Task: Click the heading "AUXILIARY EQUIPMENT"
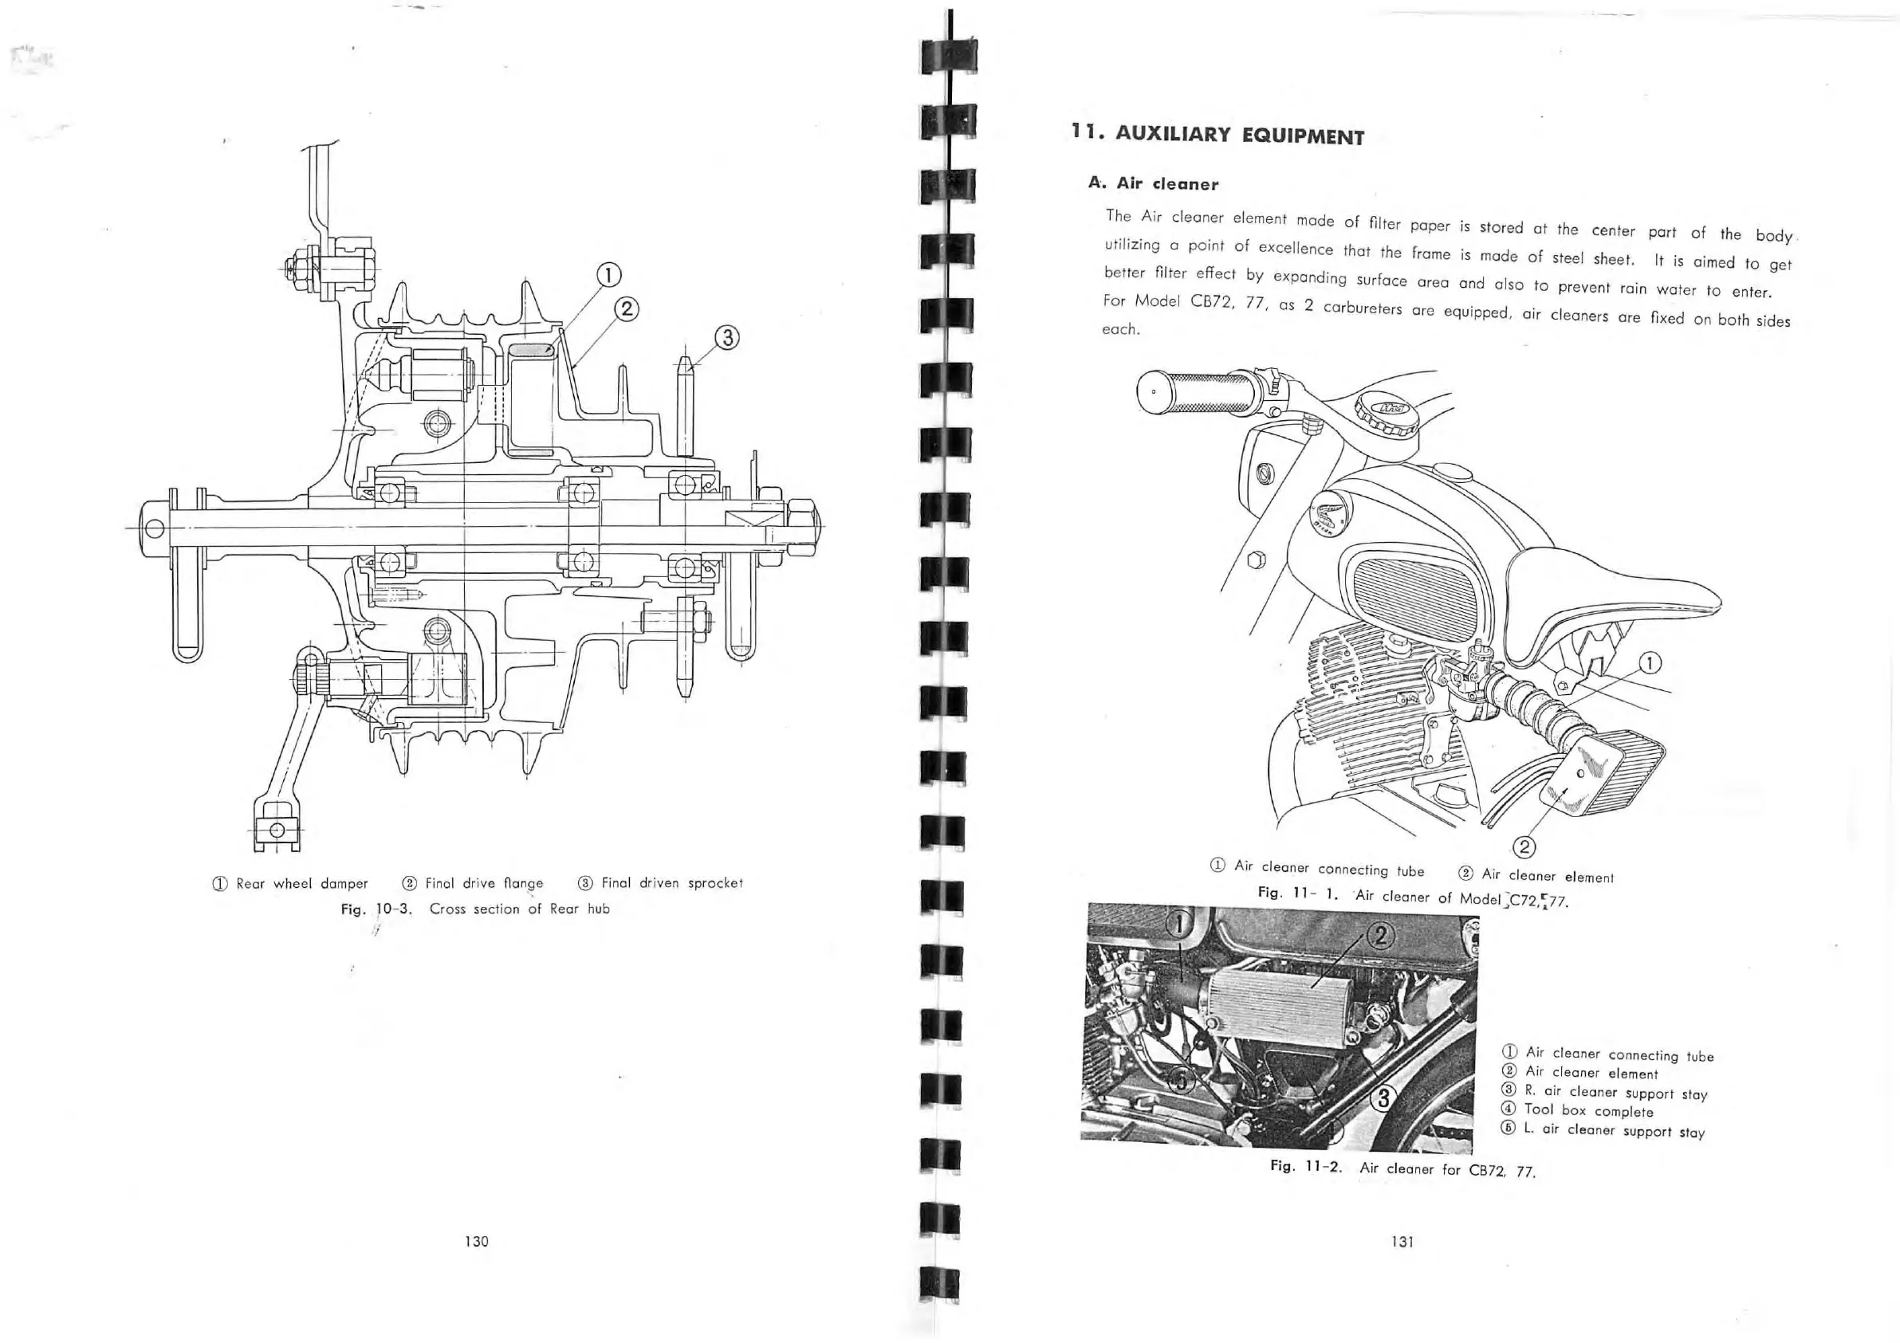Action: click(1239, 135)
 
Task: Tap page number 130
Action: click(477, 1241)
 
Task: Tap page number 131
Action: click(1402, 1241)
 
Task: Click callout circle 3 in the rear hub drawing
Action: click(727, 338)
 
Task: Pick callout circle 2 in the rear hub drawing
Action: click(627, 308)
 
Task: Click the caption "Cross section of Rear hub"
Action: click(519, 909)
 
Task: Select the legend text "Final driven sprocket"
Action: click(671, 883)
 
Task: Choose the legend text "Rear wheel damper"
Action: click(301, 884)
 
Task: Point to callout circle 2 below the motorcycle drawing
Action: click(1524, 846)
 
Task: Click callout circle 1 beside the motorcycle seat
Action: click(1650, 663)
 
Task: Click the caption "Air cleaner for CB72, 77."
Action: click(1446, 1170)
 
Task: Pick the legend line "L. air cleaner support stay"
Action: click(1614, 1130)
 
